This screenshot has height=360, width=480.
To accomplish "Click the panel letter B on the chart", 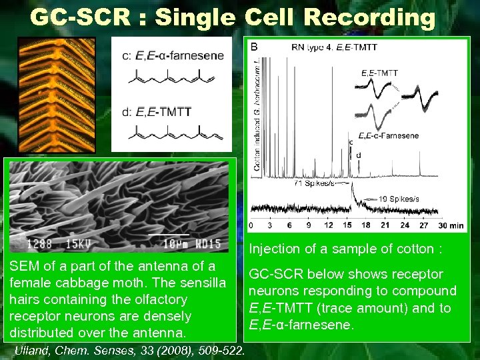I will click(254, 47).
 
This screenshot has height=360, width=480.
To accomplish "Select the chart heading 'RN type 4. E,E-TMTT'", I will click(334, 47).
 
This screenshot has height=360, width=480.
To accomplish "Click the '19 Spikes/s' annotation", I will click(399, 199).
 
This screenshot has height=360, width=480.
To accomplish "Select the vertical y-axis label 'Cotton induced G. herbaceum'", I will click(257, 117).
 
